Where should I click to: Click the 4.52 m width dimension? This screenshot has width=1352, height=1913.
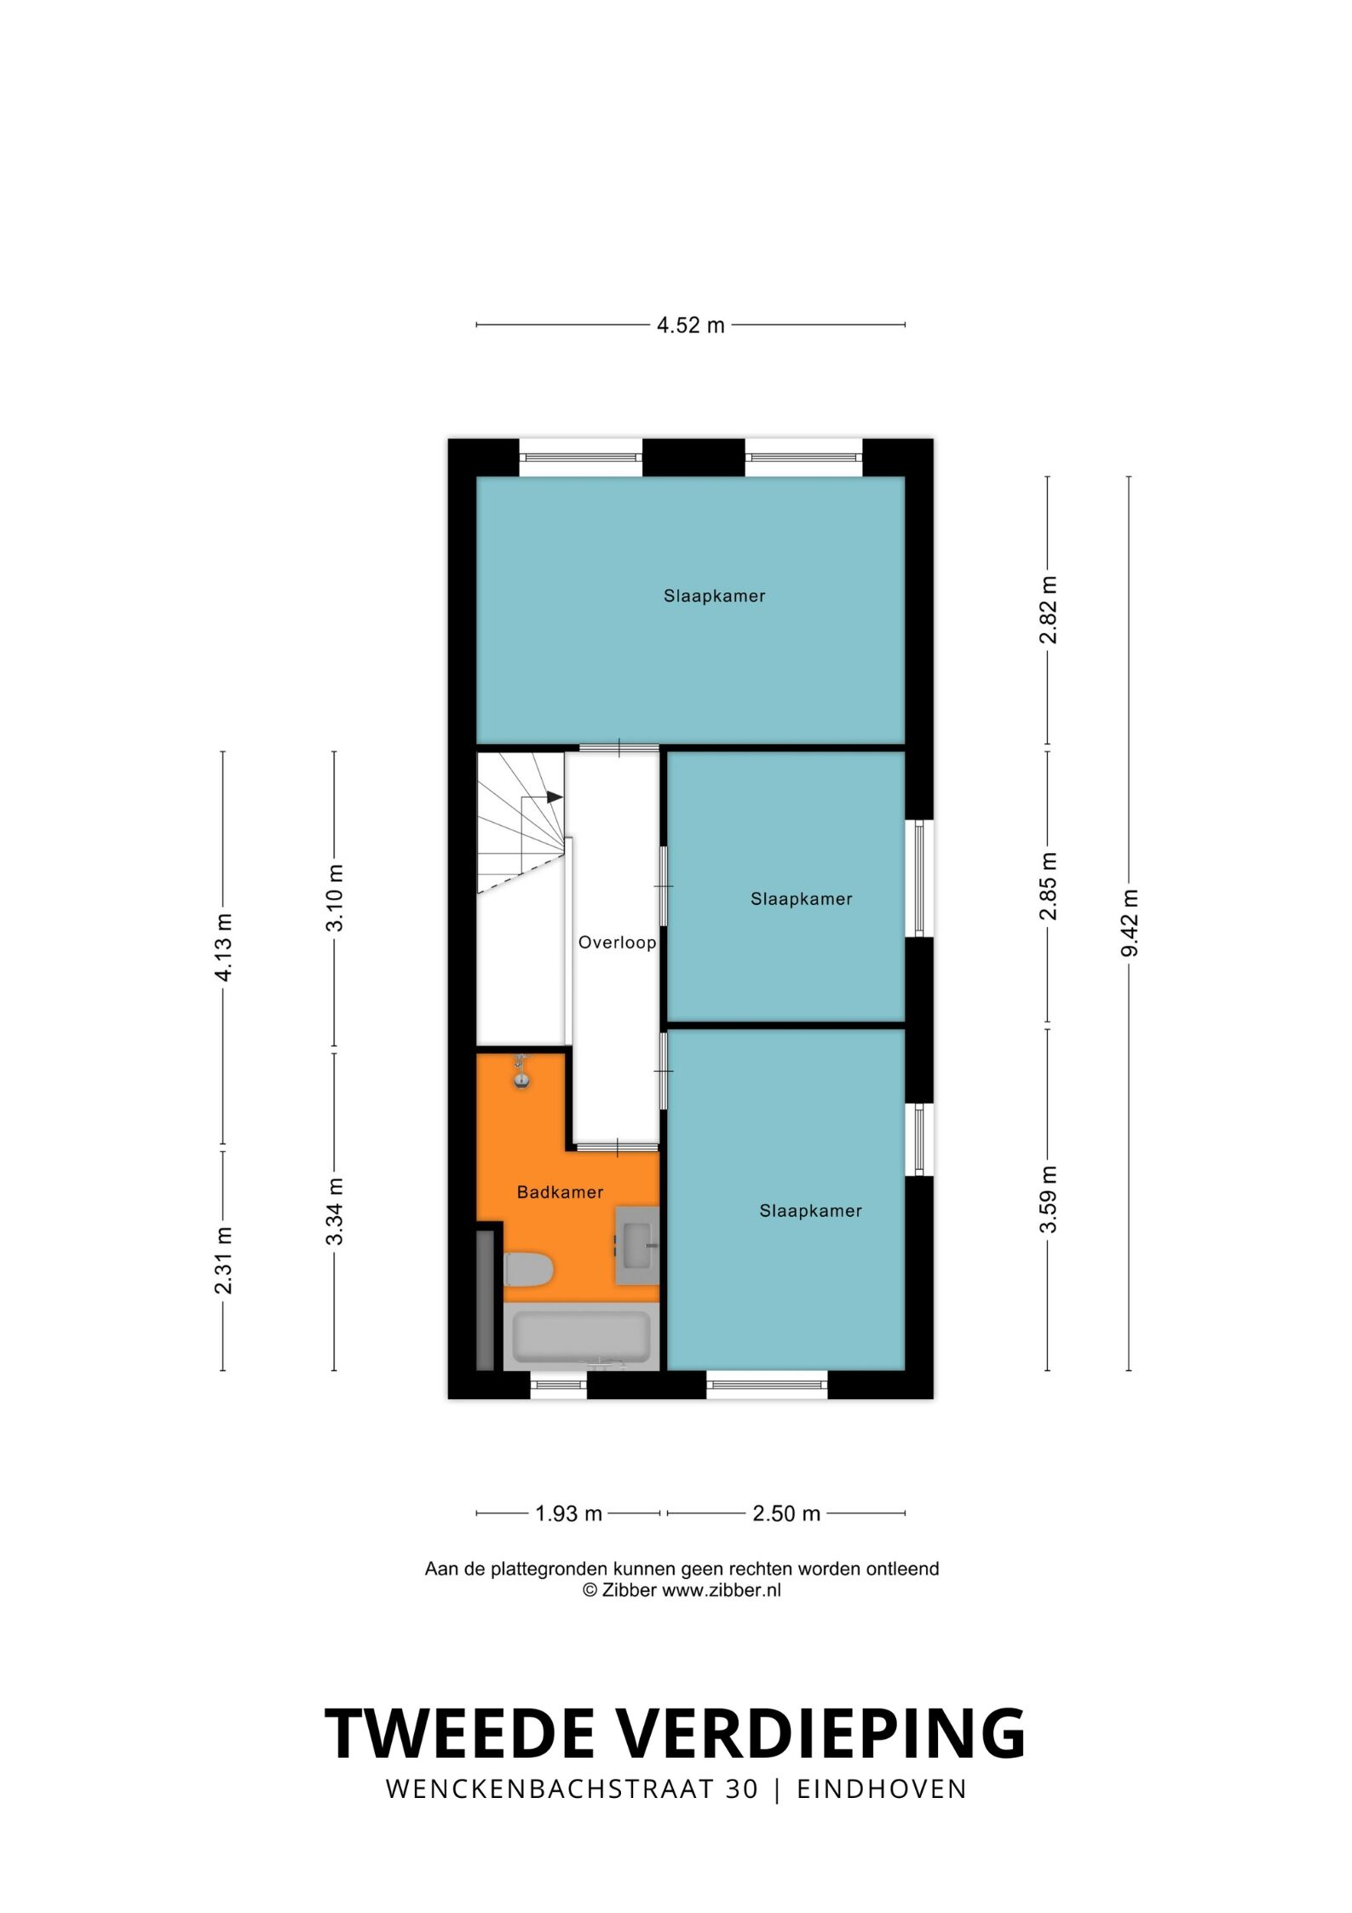(x=690, y=325)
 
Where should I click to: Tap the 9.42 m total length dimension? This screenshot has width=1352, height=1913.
(x=1130, y=923)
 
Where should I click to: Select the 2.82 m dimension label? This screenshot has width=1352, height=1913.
(x=1049, y=610)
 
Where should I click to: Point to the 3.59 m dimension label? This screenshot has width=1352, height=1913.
(x=1049, y=1200)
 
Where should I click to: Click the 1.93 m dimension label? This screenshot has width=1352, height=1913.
(x=568, y=1513)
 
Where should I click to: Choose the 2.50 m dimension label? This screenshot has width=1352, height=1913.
(x=786, y=1513)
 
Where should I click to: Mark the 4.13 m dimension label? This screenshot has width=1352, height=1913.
(x=223, y=947)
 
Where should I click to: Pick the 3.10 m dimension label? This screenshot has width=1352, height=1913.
(x=335, y=897)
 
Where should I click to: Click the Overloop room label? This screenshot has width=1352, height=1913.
(x=617, y=942)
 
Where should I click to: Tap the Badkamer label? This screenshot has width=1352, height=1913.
(x=560, y=1192)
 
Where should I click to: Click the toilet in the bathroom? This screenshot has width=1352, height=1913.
(x=528, y=1269)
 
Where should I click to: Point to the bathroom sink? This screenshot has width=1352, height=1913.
(x=637, y=1245)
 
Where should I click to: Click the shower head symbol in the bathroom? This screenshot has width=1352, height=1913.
(x=521, y=1072)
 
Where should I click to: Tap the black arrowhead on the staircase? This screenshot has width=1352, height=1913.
(x=555, y=797)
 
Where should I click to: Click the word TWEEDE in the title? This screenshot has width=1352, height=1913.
(x=459, y=1732)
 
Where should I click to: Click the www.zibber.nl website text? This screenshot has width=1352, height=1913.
(x=721, y=1589)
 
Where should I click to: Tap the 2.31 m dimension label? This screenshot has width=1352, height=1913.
(x=223, y=1260)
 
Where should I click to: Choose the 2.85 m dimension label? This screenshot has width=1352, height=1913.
(x=1049, y=885)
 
